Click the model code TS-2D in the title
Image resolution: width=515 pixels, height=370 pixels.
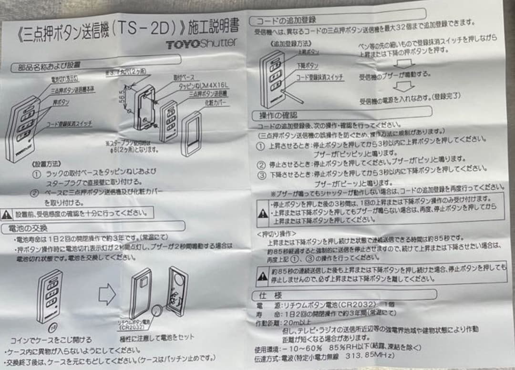click(x=148, y=28)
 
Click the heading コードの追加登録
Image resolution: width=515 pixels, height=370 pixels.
click(x=286, y=20)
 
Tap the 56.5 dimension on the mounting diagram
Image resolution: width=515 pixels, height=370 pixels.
click(x=123, y=95)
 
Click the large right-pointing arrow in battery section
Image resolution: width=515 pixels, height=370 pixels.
click(x=107, y=294)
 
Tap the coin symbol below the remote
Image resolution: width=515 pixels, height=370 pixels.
click(x=53, y=328)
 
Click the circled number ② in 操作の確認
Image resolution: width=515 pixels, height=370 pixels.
click(x=260, y=165)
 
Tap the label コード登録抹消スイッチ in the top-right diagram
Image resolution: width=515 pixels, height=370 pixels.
click(x=319, y=77)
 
